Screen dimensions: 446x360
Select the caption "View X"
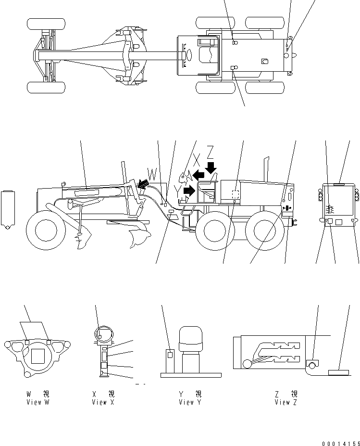[x=103, y=402]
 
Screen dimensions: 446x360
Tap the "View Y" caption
[x=190, y=402]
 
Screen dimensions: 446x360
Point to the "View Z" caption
[x=286, y=402]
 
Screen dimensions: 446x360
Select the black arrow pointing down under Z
[x=210, y=168]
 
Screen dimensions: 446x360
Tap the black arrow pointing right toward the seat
[x=189, y=191]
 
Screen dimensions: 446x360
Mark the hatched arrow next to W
[x=142, y=183]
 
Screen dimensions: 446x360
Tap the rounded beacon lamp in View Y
[x=191, y=341]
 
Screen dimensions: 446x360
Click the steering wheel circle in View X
[x=102, y=334]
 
